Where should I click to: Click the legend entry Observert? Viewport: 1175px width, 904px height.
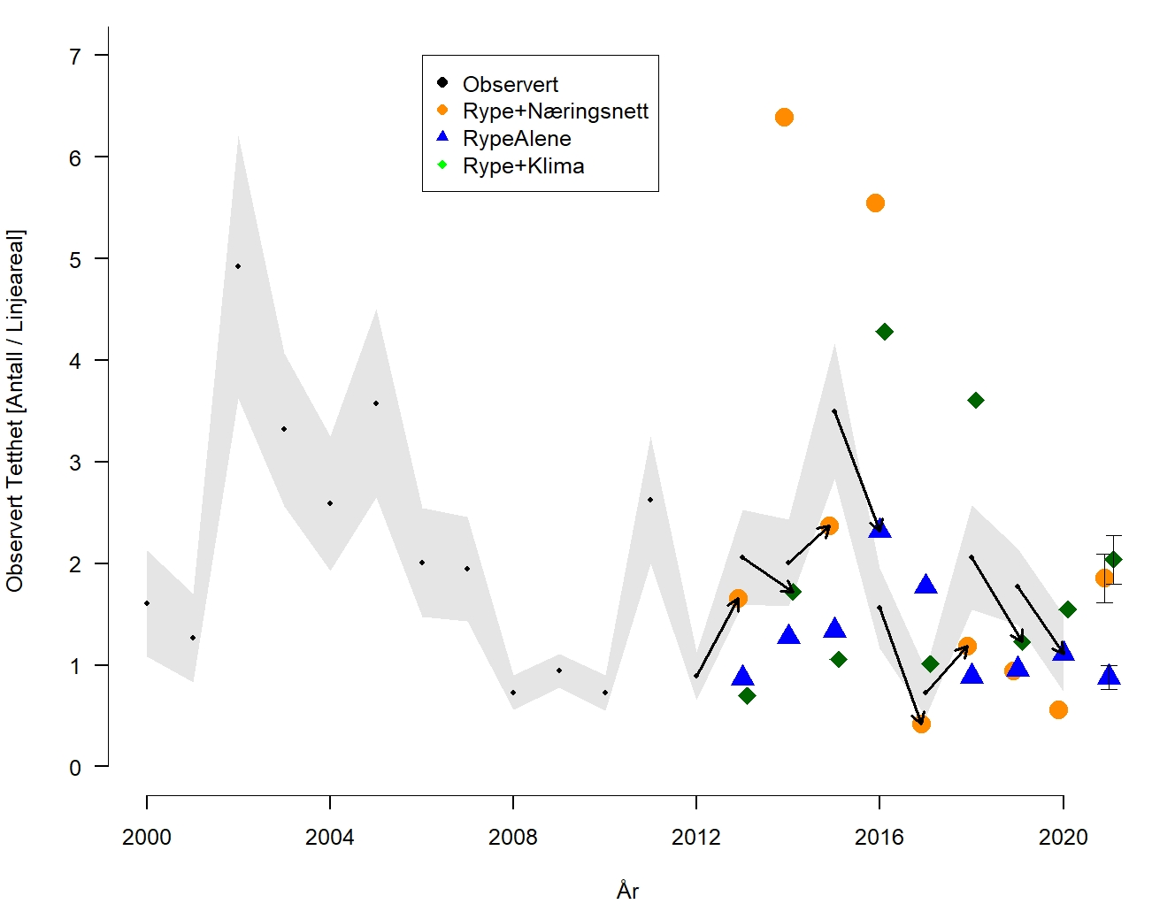[x=511, y=84]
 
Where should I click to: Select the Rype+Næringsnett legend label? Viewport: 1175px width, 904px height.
[x=556, y=111]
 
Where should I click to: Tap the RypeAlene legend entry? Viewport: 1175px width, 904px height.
[x=517, y=139]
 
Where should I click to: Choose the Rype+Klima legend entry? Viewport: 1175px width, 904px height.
[x=523, y=166]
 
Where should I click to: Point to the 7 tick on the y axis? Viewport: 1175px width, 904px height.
[x=75, y=57]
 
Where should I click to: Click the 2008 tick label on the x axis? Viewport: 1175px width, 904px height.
[x=513, y=838]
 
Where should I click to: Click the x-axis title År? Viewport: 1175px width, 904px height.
[x=627, y=890]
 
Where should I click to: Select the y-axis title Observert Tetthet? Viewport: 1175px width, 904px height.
[x=16, y=410]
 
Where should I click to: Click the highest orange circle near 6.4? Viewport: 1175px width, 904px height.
[x=784, y=118]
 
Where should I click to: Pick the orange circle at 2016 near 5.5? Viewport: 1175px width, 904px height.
[x=875, y=203]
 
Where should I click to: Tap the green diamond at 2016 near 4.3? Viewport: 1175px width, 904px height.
[x=884, y=332]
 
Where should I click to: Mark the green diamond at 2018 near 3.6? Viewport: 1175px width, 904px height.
[x=976, y=401]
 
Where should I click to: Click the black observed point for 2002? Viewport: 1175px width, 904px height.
[x=238, y=266]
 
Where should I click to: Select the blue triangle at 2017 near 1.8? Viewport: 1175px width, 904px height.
[x=925, y=584]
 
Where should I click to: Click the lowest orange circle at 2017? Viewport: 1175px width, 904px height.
[x=921, y=724]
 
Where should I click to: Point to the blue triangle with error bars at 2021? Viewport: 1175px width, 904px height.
[x=1109, y=677]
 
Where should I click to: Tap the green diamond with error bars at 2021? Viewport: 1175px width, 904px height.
[x=1113, y=559]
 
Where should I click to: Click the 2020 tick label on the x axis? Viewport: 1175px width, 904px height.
[x=1063, y=838]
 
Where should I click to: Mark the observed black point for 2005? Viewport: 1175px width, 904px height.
[x=376, y=403]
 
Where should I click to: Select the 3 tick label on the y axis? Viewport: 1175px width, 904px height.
[x=75, y=463]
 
